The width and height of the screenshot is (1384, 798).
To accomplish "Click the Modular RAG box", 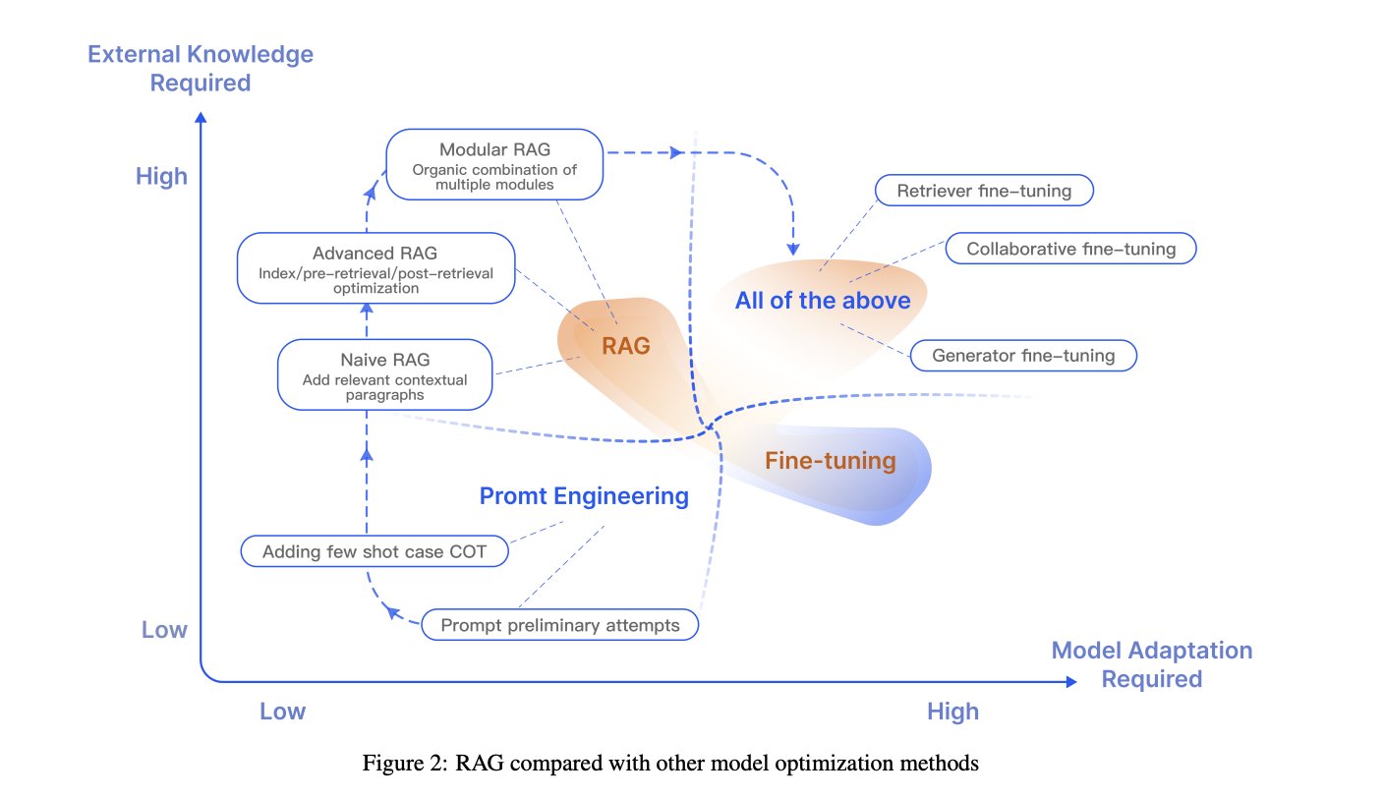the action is click(x=494, y=164).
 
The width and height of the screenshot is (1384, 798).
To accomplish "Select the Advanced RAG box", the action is click(x=375, y=268).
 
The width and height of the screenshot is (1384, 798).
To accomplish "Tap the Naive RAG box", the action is click(x=385, y=374).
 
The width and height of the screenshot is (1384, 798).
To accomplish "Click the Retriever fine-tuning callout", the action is click(x=984, y=191).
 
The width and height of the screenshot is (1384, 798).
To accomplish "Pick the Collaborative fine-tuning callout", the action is click(x=1070, y=249).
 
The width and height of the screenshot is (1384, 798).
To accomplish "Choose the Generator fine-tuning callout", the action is click(x=1023, y=355).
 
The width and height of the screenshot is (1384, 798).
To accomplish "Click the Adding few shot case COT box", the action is click(x=375, y=551).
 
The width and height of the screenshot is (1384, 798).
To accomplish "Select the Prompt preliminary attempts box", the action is click(x=559, y=624).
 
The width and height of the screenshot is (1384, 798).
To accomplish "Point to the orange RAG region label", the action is click(x=626, y=346).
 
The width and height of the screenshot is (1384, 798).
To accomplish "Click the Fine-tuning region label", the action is click(x=831, y=461).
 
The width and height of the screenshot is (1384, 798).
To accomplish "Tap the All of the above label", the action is click(x=823, y=300).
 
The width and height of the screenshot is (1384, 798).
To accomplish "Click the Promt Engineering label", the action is click(x=584, y=496).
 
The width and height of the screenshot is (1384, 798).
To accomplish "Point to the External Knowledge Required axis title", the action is click(x=201, y=68).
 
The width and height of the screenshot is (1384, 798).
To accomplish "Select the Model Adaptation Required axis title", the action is click(x=1152, y=664).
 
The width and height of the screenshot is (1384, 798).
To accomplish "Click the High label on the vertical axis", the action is click(x=161, y=176).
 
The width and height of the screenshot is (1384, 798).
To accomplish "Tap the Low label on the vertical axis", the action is click(x=164, y=629).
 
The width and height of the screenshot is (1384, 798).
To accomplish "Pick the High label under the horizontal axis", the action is click(x=952, y=712).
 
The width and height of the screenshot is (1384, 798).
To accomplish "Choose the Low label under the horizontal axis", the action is click(x=282, y=711).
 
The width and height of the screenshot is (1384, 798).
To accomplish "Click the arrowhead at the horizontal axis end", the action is click(x=1071, y=681).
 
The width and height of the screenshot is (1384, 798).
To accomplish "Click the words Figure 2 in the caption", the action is click(x=404, y=763).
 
